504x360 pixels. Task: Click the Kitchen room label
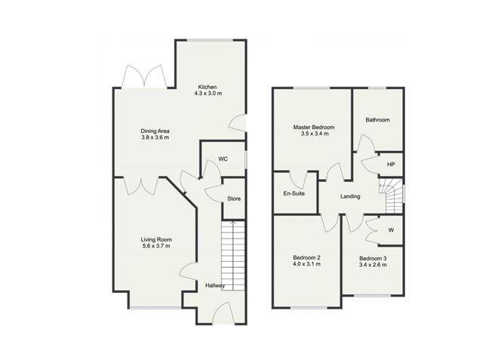coord(207,87)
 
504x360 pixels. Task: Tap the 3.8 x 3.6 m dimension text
coord(155,137)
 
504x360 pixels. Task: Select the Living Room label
coord(156,239)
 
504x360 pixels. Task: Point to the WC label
coord(223,159)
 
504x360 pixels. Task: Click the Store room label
coord(234,198)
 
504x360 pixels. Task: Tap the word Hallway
coord(215,285)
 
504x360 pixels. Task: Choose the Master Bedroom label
coord(314,128)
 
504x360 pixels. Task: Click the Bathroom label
coord(378,120)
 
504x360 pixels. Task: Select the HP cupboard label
coord(391,165)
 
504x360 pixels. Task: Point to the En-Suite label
coord(294,193)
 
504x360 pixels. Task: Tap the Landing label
coord(350,196)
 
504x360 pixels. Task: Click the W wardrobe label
coord(391,230)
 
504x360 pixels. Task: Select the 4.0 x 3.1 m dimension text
coord(306,264)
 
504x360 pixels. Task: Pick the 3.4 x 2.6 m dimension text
coord(373,265)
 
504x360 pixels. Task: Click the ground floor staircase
coord(233,256)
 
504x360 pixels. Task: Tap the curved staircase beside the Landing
coord(392,195)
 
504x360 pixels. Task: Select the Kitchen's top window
coord(210,40)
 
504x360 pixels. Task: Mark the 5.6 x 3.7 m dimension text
coord(156,246)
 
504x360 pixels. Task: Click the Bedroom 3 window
coord(373,295)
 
